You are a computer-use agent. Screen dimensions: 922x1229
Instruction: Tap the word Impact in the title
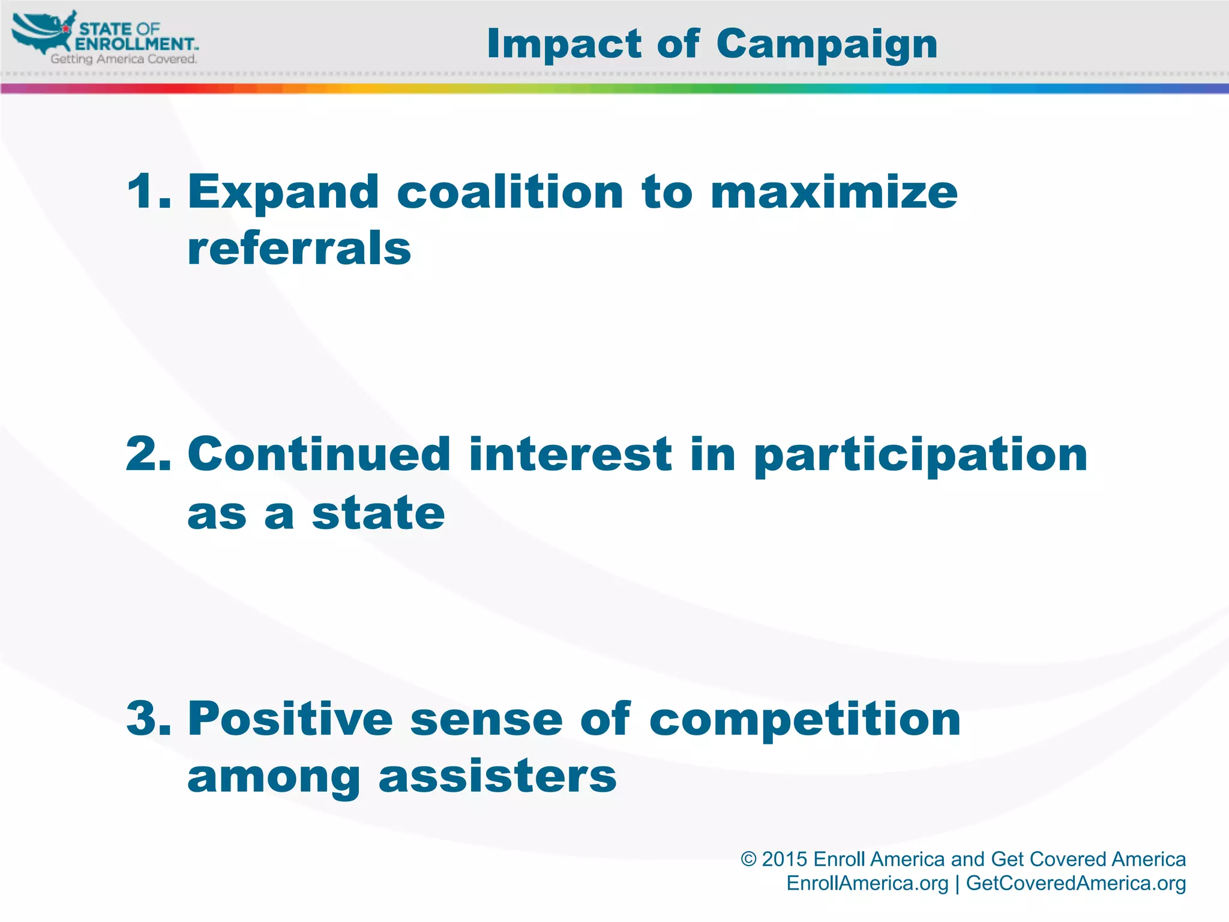tap(565, 44)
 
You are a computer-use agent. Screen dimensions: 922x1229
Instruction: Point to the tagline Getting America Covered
tap(124, 59)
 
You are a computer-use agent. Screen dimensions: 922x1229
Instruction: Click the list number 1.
tap(147, 192)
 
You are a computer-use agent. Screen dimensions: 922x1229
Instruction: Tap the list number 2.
tap(147, 454)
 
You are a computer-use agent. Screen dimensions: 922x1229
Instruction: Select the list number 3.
tap(147, 719)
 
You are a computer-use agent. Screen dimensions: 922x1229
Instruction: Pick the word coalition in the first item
tap(510, 192)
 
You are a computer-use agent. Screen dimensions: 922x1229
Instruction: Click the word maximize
tap(834, 192)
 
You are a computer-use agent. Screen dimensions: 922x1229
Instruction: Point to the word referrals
tap(299, 249)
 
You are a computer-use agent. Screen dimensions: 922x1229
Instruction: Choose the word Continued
tap(319, 454)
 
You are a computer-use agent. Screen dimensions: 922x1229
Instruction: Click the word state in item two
tap(378, 514)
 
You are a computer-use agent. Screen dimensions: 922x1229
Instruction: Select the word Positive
tap(290, 719)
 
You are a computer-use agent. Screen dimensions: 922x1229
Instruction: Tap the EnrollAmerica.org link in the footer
tap(867, 883)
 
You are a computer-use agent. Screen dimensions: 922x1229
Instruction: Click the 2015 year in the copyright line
tap(784, 859)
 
